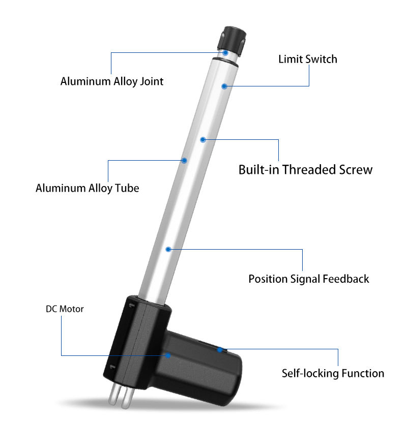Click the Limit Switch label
click(x=308, y=59)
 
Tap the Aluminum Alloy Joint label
click(x=112, y=81)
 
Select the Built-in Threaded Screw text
click(x=305, y=169)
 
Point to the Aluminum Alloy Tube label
click(x=88, y=188)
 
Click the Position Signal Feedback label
click(x=309, y=279)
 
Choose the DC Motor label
click(x=65, y=309)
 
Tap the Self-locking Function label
click(x=333, y=373)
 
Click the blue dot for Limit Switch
click(x=224, y=86)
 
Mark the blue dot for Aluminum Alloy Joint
click(x=225, y=53)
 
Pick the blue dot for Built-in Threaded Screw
click(x=203, y=140)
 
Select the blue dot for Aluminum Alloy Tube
click(x=184, y=161)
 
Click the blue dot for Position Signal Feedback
click(x=168, y=250)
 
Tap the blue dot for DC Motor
click(x=168, y=355)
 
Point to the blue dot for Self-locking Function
click(x=220, y=350)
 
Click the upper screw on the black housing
click(x=132, y=305)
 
